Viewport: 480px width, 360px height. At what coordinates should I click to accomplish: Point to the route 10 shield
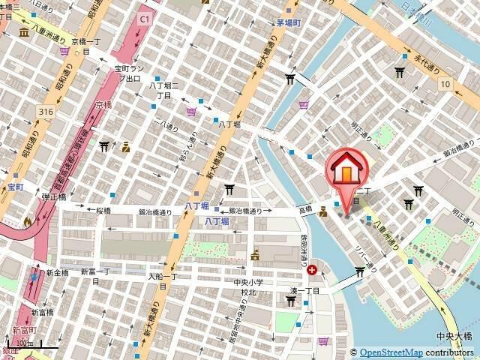coord(445,84)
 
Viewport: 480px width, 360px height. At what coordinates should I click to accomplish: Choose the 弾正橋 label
coord(54,196)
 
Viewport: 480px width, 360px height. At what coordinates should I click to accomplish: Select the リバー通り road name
coord(374,256)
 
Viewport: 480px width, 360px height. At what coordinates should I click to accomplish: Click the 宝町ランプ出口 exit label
coord(127,73)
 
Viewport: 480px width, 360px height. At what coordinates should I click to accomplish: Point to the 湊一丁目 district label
coord(306,290)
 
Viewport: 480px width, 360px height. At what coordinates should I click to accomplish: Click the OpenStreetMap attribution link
coord(391,352)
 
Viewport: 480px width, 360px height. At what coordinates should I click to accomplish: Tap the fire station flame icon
coord(28,221)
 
